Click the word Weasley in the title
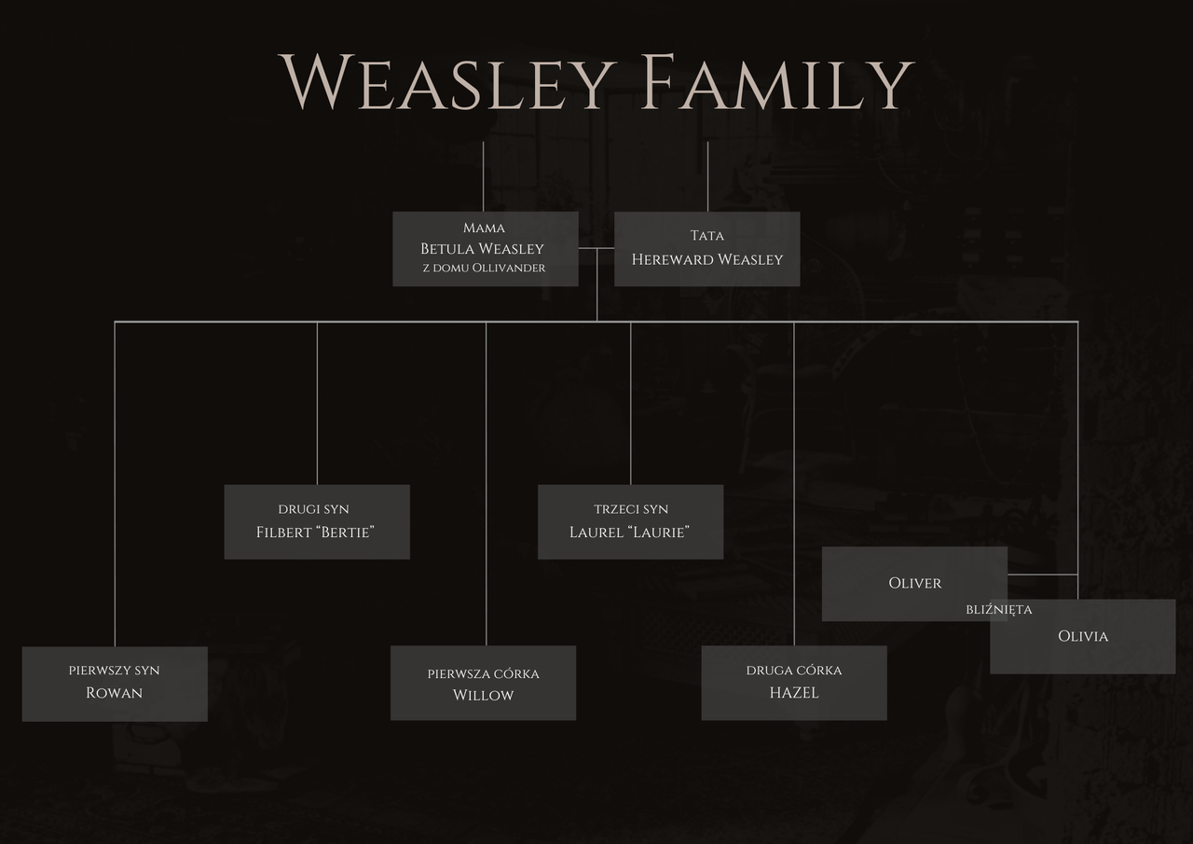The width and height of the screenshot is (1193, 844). pos(448,83)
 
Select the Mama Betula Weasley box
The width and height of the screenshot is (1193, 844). pos(485,248)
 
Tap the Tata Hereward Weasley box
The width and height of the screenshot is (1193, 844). pos(706,249)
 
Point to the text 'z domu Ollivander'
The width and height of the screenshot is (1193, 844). pos(484,269)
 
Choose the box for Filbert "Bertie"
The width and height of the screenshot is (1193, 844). pos(316,521)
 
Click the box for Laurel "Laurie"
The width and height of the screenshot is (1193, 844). pos(630,521)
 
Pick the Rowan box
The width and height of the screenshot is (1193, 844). pos(115,684)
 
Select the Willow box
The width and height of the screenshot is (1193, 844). pos(483,684)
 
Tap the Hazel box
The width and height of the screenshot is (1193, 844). pos(793,684)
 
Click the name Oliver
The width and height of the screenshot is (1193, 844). pos(914,583)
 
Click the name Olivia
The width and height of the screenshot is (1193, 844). pos(1083,636)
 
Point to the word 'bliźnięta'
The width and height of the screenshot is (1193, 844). pos(999,610)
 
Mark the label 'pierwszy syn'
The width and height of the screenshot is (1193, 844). pos(115,671)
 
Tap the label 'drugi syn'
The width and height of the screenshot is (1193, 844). pos(314,509)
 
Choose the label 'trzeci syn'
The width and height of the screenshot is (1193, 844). pos(631,509)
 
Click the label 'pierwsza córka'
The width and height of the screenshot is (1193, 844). pos(483,673)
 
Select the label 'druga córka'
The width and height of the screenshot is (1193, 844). pos(793,671)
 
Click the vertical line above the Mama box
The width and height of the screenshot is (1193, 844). pos(483,177)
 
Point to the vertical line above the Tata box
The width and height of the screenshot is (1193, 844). pos(707,177)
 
